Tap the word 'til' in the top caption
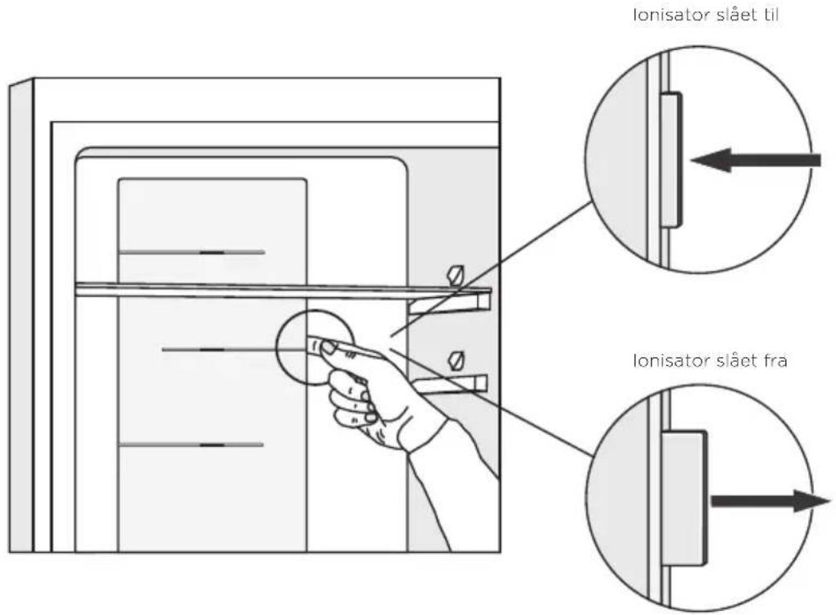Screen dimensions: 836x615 [x=767, y=15]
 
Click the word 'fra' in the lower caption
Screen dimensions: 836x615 [x=775, y=361]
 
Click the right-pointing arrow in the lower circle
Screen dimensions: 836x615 [x=771, y=501]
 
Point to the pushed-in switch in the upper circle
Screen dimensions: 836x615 [x=671, y=160]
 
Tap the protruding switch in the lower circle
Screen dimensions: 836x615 [x=684, y=498]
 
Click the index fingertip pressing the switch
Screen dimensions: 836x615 [x=327, y=347]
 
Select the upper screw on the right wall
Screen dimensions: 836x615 [x=457, y=275]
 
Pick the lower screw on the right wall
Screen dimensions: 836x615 [x=457, y=360]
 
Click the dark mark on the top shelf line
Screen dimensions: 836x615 [x=212, y=252]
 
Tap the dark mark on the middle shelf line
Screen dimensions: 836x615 [x=212, y=350]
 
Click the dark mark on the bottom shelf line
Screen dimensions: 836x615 [x=212, y=445]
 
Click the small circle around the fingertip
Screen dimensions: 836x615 [x=278, y=346]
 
